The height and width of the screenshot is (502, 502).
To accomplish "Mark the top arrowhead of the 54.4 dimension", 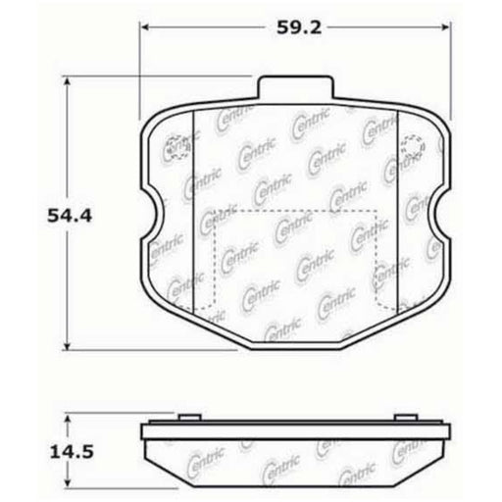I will (67, 84).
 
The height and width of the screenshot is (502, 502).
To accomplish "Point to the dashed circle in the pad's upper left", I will (177, 146).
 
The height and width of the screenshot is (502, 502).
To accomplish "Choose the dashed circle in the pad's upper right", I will (413, 147).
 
